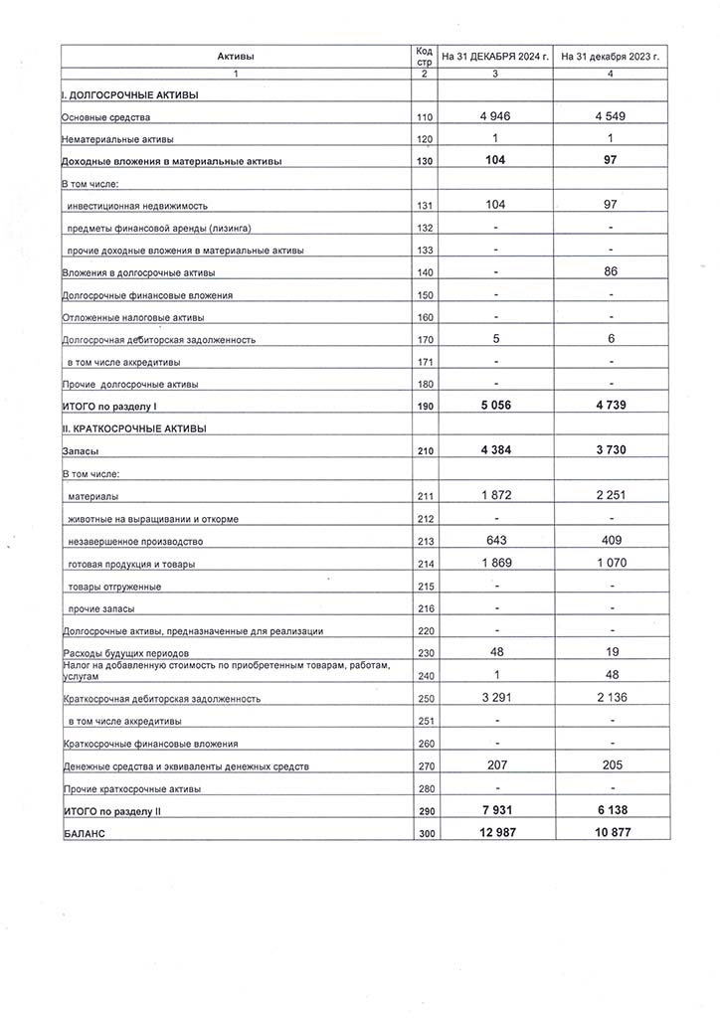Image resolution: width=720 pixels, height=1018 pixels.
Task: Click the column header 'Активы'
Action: pyautogui.click(x=236, y=57)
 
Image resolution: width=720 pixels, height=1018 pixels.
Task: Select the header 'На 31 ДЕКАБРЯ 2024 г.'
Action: pyautogui.click(x=495, y=57)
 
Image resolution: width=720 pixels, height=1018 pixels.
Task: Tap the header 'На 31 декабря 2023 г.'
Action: pyautogui.click(x=611, y=57)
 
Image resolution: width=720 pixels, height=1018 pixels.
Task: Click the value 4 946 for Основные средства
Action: pyautogui.click(x=495, y=116)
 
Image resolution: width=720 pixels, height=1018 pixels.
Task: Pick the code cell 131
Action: pyautogui.click(x=425, y=206)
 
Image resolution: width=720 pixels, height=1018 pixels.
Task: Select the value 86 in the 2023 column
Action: pyautogui.click(x=611, y=271)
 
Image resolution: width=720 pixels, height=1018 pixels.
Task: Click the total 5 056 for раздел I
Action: pyautogui.click(x=495, y=406)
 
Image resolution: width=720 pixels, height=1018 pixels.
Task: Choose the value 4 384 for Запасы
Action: pyautogui.click(x=495, y=450)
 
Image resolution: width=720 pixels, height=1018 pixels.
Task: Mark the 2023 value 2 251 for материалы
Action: pyautogui.click(x=611, y=495)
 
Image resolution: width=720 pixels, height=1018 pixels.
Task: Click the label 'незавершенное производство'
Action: pyautogui.click(x=135, y=542)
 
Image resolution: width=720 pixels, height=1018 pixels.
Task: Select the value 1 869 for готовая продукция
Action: pyautogui.click(x=495, y=563)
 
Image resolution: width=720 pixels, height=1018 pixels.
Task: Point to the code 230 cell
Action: pyautogui.click(x=425, y=653)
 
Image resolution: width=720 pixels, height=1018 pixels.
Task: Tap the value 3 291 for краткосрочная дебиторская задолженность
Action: pyautogui.click(x=495, y=697)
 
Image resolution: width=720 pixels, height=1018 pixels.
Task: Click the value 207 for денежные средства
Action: pyautogui.click(x=495, y=764)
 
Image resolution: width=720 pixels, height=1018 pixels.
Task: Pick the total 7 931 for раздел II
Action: pyautogui.click(x=495, y=810)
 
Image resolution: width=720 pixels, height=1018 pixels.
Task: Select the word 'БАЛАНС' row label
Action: pyautogui.click(x=85, y=834)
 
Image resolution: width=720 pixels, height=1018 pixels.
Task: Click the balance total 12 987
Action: pyautogui.click(x=495, y=832)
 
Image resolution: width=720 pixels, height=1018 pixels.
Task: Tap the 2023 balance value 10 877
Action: pyautogui.click(x=611, y=832)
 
